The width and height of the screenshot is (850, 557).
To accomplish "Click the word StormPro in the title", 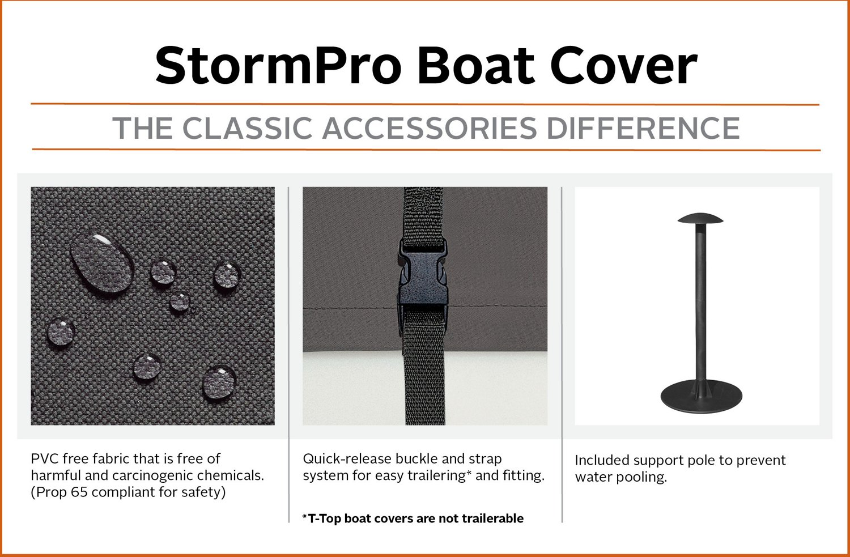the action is (x=278, y=65).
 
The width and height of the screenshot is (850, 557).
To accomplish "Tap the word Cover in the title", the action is (x=623, y=65).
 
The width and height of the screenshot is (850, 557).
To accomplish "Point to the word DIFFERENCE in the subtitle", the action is (x=643, y=128).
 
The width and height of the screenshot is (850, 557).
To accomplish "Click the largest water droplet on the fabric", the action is (x=101, y=262).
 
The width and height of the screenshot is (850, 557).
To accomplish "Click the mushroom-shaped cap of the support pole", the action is (x=700, y=219).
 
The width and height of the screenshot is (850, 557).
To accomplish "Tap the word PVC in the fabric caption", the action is (x=44, y=459).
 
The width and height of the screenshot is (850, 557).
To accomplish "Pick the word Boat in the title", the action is (x=476, y=65).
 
